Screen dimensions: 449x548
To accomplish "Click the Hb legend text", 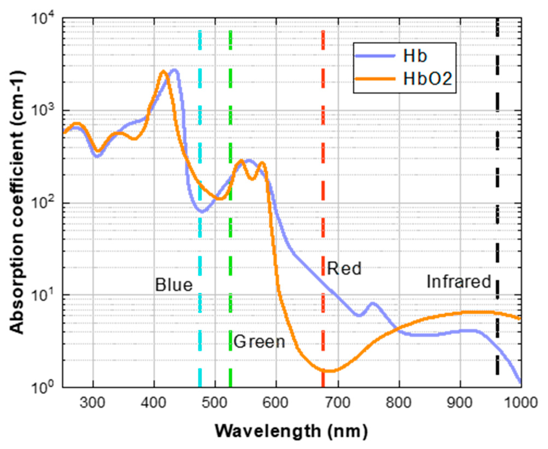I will [415, 56].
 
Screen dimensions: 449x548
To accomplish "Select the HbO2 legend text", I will [428, 79].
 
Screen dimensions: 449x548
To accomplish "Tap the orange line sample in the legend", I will [375, 79].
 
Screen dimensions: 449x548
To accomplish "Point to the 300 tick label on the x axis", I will [92, 403].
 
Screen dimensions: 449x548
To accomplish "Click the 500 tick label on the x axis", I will [215, 403].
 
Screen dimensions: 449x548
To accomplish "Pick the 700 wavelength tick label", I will [337, 403].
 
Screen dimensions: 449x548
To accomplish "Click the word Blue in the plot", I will [174, 285].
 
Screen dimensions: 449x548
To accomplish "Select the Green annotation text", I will [259, 342].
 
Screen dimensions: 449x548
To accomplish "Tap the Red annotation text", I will [344, 269].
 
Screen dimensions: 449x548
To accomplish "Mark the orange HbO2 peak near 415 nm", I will [163, 71].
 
